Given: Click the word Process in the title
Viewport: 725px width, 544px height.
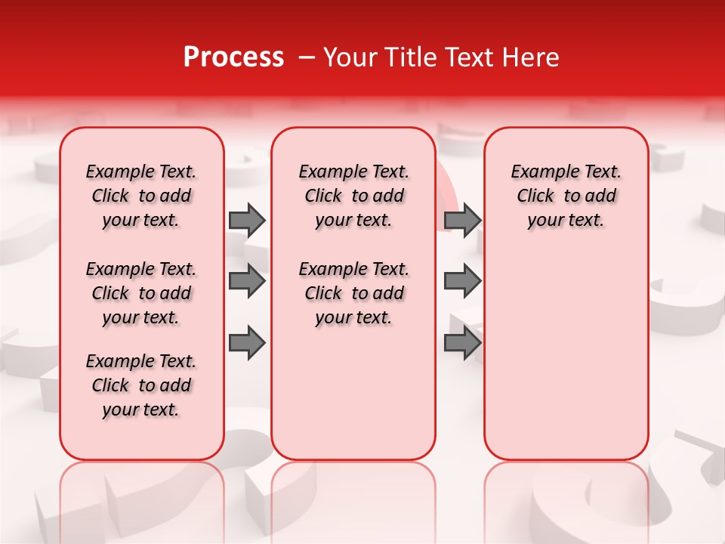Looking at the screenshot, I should [233, 57].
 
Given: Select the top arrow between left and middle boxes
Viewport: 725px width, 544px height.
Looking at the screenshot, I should [247, 221].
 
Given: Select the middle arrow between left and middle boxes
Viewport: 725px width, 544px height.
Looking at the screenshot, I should [247, 282].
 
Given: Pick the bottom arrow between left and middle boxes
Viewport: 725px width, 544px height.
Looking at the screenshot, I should [247, 344].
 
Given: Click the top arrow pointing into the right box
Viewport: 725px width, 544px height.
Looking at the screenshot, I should [463, 221].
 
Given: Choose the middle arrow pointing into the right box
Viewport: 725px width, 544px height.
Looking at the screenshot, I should [463, 282].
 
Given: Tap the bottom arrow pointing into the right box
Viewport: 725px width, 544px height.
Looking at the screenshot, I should [463, 344].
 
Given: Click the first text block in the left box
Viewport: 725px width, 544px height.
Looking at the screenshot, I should [141, 196].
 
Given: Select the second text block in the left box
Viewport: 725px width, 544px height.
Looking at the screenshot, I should [141, 293].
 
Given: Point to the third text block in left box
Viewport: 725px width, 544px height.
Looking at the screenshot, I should [141, 385].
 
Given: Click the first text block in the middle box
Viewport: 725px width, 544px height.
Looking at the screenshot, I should [353, 196].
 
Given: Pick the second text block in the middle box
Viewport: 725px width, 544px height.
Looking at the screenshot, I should [353, 293].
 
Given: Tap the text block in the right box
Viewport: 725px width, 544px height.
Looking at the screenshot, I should [566, 196].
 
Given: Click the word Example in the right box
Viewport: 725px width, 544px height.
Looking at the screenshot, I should [540, 172].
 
